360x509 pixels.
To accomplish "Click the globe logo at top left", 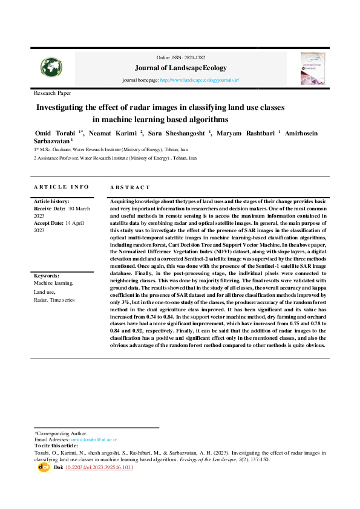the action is [x=51, y=68].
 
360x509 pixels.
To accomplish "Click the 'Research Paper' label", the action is [x=53, y=93].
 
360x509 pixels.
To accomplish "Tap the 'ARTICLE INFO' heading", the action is [x=61, y=187].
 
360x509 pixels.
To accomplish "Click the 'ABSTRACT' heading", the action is [x=129, y=187].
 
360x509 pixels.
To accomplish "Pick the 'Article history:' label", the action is [x=51, y=201].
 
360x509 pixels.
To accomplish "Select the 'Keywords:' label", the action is [x=47, y=276].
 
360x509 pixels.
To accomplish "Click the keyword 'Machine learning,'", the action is [x=53, y=283].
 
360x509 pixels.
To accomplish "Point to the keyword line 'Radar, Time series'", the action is [x=54, y=299].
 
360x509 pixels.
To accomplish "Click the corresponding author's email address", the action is [x=94, y=439].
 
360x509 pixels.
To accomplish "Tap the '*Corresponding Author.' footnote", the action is [x=61, y=433].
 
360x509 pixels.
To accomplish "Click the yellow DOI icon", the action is [x=44, y=467].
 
